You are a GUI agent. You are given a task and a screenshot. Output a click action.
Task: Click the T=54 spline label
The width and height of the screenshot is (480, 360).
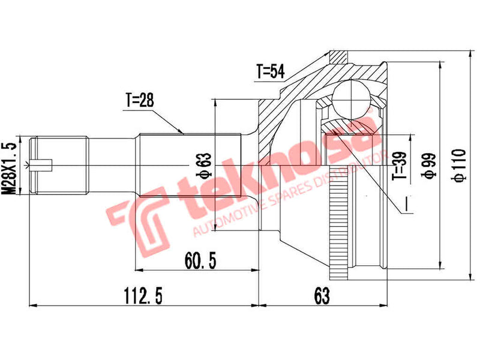tap(269, 72)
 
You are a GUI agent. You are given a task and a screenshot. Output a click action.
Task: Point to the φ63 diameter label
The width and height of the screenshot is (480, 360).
tap(203, 165)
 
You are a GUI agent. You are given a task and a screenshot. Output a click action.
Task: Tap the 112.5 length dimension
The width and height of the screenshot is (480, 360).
tap(143, 295)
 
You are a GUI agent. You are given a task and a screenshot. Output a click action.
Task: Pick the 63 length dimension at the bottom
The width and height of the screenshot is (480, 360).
tap(322, 295)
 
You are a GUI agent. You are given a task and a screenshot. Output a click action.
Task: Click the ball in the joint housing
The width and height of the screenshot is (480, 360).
tap(352, 96)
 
